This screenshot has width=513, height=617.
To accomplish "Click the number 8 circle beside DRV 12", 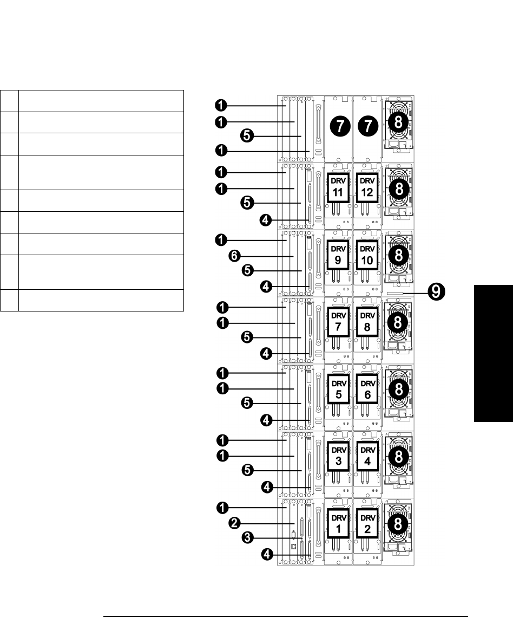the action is pyautogui.click(x=398, y=189).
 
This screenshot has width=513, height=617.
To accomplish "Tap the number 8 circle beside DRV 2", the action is pyautogui.click(x=398, y=524).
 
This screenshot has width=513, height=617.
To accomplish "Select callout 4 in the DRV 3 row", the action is pyautogui.click(x=267, y=488).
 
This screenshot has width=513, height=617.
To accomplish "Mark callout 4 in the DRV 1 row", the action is pyautogui.click(x=267, y=554).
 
